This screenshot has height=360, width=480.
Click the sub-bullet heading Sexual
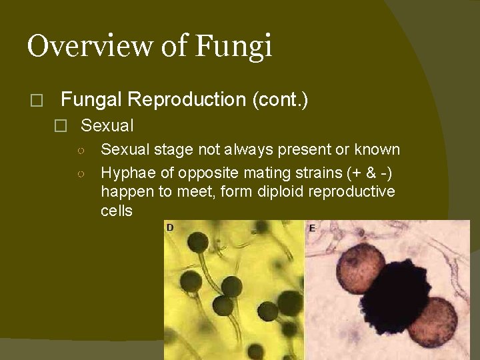click(x=107, y=125)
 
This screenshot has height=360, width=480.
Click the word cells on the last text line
click(x=117, y=211)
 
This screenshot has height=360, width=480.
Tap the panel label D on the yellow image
click(x=170, y=228)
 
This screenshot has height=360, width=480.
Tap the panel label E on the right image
click(x=312, y=228)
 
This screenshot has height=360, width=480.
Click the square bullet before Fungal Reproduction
click(x=36, y=101)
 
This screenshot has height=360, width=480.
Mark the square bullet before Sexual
click(x=61, y=126)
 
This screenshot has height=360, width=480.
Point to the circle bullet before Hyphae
click(x=80, y=174)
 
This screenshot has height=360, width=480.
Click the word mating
click(x=258, y=173)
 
